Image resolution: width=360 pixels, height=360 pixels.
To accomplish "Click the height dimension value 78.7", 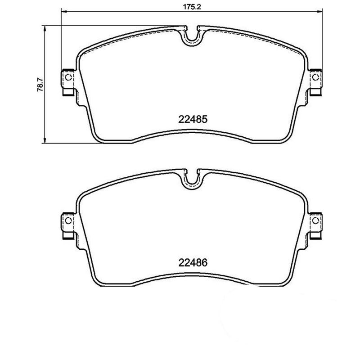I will pyautogui.click(x=40, y=84).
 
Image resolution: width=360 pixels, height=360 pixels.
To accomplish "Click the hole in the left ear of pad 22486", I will pyautogui.click(x=68, y=220).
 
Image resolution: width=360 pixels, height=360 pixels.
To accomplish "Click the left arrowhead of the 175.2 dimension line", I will pyautogui.click(x=63, y=13).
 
